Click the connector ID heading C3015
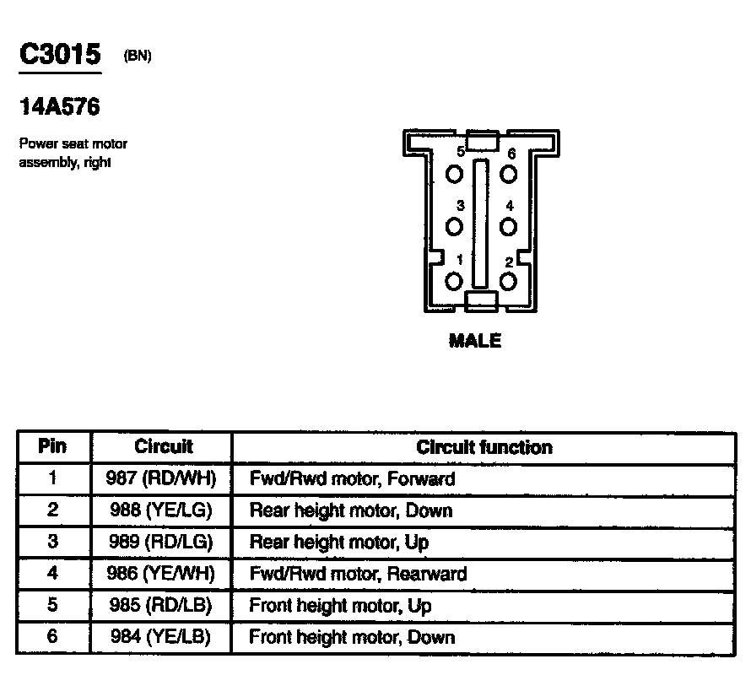click(x=60, y=56)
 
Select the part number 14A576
click(x=59, y=107)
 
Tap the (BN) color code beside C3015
click(x=138, y=57)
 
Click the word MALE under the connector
click(x=475, y=341)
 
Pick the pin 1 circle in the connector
click(x=455, y=281)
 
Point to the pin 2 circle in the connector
click(x=508, y=281)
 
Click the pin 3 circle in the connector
click(x=456, y=227)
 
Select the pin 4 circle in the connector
click(x=508, y=227)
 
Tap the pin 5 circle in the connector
click(x=456, y=174)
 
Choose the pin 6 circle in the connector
click(x=508, y=174)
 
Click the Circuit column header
click(x=163, y=447)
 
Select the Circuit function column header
click(x=484, y=447)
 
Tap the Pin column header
click(x=52, y=447)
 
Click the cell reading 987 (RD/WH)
click(x=162, y=479)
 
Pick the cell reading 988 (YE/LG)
click(x=162, y=510)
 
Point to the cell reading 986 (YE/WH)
click(x=162, y=574)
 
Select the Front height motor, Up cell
click(x=340, y=606)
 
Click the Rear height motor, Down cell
click(x=350, y=510)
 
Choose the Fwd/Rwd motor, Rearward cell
click(x=358, y=574)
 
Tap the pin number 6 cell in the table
click(x=52, y=637)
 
